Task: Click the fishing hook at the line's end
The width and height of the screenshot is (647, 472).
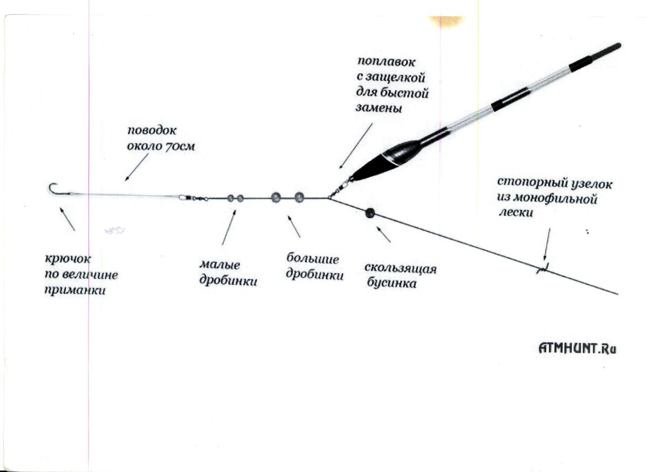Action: [x=53, y=189]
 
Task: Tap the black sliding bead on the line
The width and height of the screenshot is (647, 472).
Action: [x=370, y=213]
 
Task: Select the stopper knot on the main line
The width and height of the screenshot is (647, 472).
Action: [x=543, y=268]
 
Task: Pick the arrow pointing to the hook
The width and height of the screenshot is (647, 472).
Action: [x=67, y=218]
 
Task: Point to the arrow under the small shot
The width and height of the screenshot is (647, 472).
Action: [x=229, y=227]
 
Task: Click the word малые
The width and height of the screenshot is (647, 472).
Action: [x=219, y=265]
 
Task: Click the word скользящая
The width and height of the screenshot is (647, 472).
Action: [x=400, y=269]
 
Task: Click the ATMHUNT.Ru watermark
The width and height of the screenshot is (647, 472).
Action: [x=577, y=348]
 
